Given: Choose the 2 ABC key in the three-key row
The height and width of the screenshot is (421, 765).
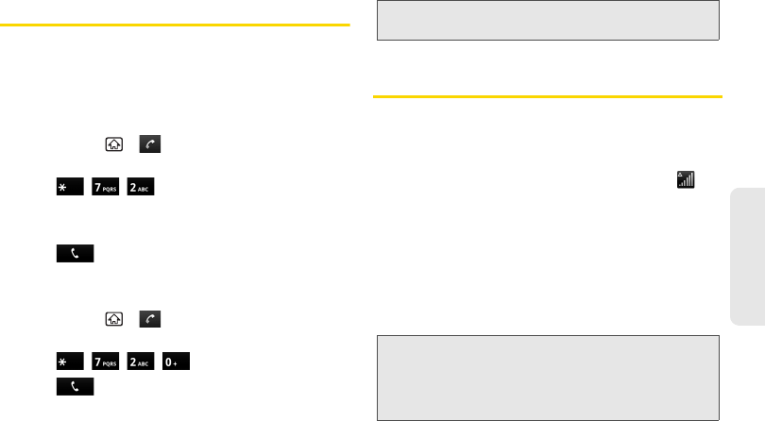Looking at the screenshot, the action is point(139,189).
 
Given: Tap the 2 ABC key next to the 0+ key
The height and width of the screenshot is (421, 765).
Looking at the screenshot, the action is point(139,362).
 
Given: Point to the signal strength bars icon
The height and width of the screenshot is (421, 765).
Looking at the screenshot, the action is point(687,178).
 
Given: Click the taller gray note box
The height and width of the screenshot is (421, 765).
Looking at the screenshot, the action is point(548,376).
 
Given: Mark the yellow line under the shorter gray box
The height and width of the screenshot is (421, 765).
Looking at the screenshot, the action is point(548,95).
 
